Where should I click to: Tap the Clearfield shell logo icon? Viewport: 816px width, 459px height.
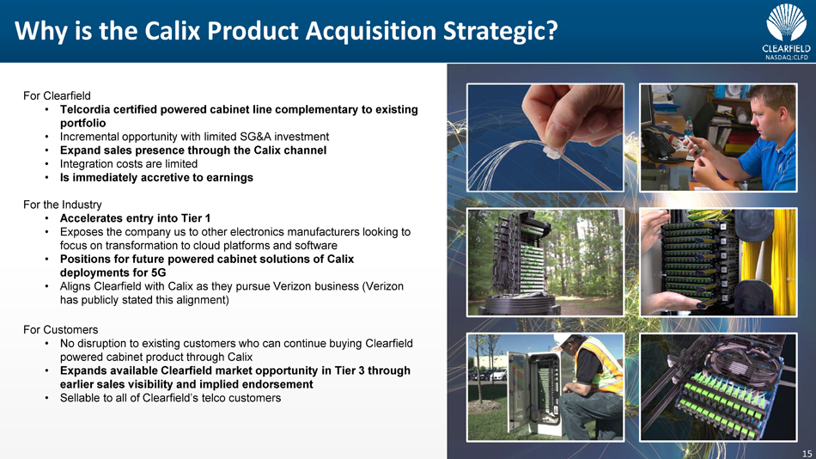click(x=786, y=22)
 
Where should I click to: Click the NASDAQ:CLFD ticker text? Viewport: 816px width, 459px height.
click(x=786, y=58)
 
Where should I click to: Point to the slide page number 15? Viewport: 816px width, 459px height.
click(x=807, y=453)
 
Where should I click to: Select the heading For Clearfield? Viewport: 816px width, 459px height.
click(x=57, y=96)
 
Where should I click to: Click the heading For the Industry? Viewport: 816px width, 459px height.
click(x=63, y=205)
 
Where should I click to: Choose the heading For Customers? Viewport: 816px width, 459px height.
click(x=60, y=330)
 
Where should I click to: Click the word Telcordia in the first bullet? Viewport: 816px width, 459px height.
click(x=83, y=109)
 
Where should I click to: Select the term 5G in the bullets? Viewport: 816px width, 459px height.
click(x=158, y=272)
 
